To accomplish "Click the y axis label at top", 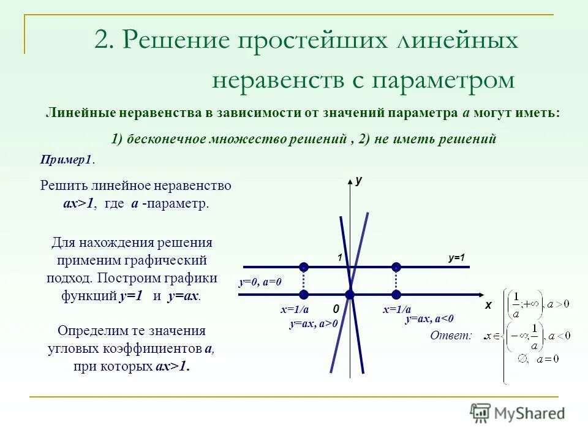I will [359, 181].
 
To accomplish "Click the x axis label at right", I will [489, 304].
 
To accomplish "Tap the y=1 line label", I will [456, 258].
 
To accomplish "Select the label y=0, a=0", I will [260, 282].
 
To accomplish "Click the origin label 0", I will [336, 309].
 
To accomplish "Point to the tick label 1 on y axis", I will [338, 258].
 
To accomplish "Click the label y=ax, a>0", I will [314, 323].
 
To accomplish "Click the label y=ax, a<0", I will [429, 318].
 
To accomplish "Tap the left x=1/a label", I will [295, 310].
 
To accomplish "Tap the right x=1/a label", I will [397, 310].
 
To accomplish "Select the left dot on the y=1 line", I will [304, 267].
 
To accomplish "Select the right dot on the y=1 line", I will [396, 267].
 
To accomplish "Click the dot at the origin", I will [350, 295].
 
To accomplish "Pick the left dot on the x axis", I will [304, 295].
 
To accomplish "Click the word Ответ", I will [451, 335].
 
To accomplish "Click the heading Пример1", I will [67, 159].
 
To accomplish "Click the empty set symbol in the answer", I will [522, 359].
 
